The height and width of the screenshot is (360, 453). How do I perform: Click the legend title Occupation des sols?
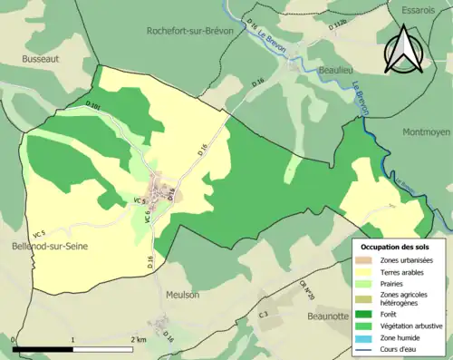tap(397, 247)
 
